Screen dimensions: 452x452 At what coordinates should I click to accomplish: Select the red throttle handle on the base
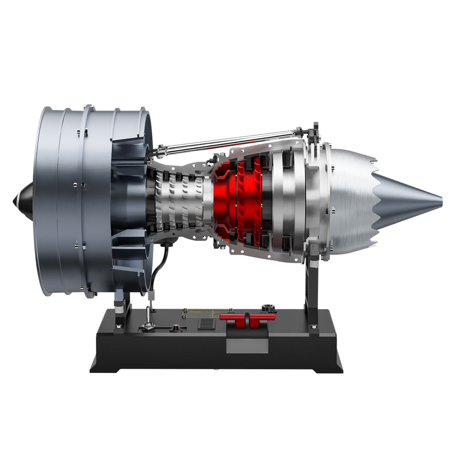click(x=247, y=317)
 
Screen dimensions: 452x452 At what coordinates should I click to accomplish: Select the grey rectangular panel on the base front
click(x=247, y=346)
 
